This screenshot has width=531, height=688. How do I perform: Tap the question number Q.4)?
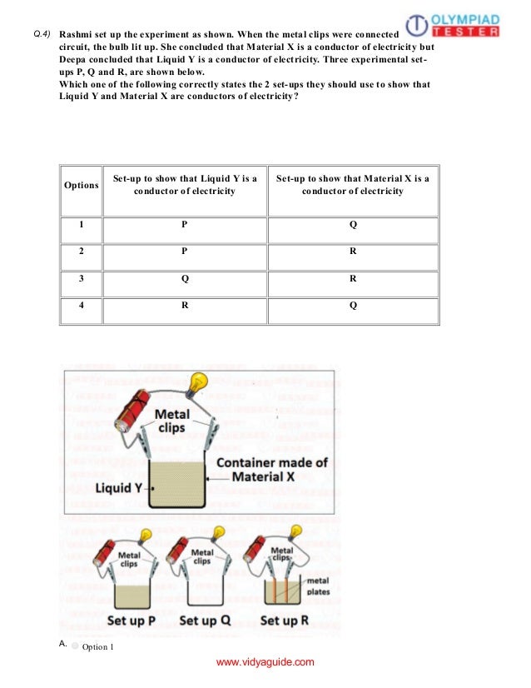42,34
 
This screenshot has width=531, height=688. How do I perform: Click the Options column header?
82,185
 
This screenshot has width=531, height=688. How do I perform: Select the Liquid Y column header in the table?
185,185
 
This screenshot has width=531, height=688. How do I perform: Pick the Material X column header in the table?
352,185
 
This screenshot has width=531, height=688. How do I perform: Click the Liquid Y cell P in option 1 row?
185,225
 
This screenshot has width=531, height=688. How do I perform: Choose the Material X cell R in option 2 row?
353,252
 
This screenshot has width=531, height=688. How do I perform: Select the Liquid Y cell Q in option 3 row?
185,279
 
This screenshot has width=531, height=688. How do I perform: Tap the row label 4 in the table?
82,306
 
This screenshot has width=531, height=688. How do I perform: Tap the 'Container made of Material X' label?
271,470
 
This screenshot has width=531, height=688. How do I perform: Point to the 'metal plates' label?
318,586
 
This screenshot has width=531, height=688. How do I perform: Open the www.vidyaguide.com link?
265,662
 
